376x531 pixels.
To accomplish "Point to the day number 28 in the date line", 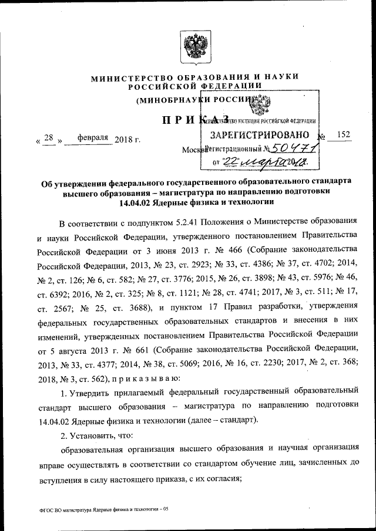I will (49, 138).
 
